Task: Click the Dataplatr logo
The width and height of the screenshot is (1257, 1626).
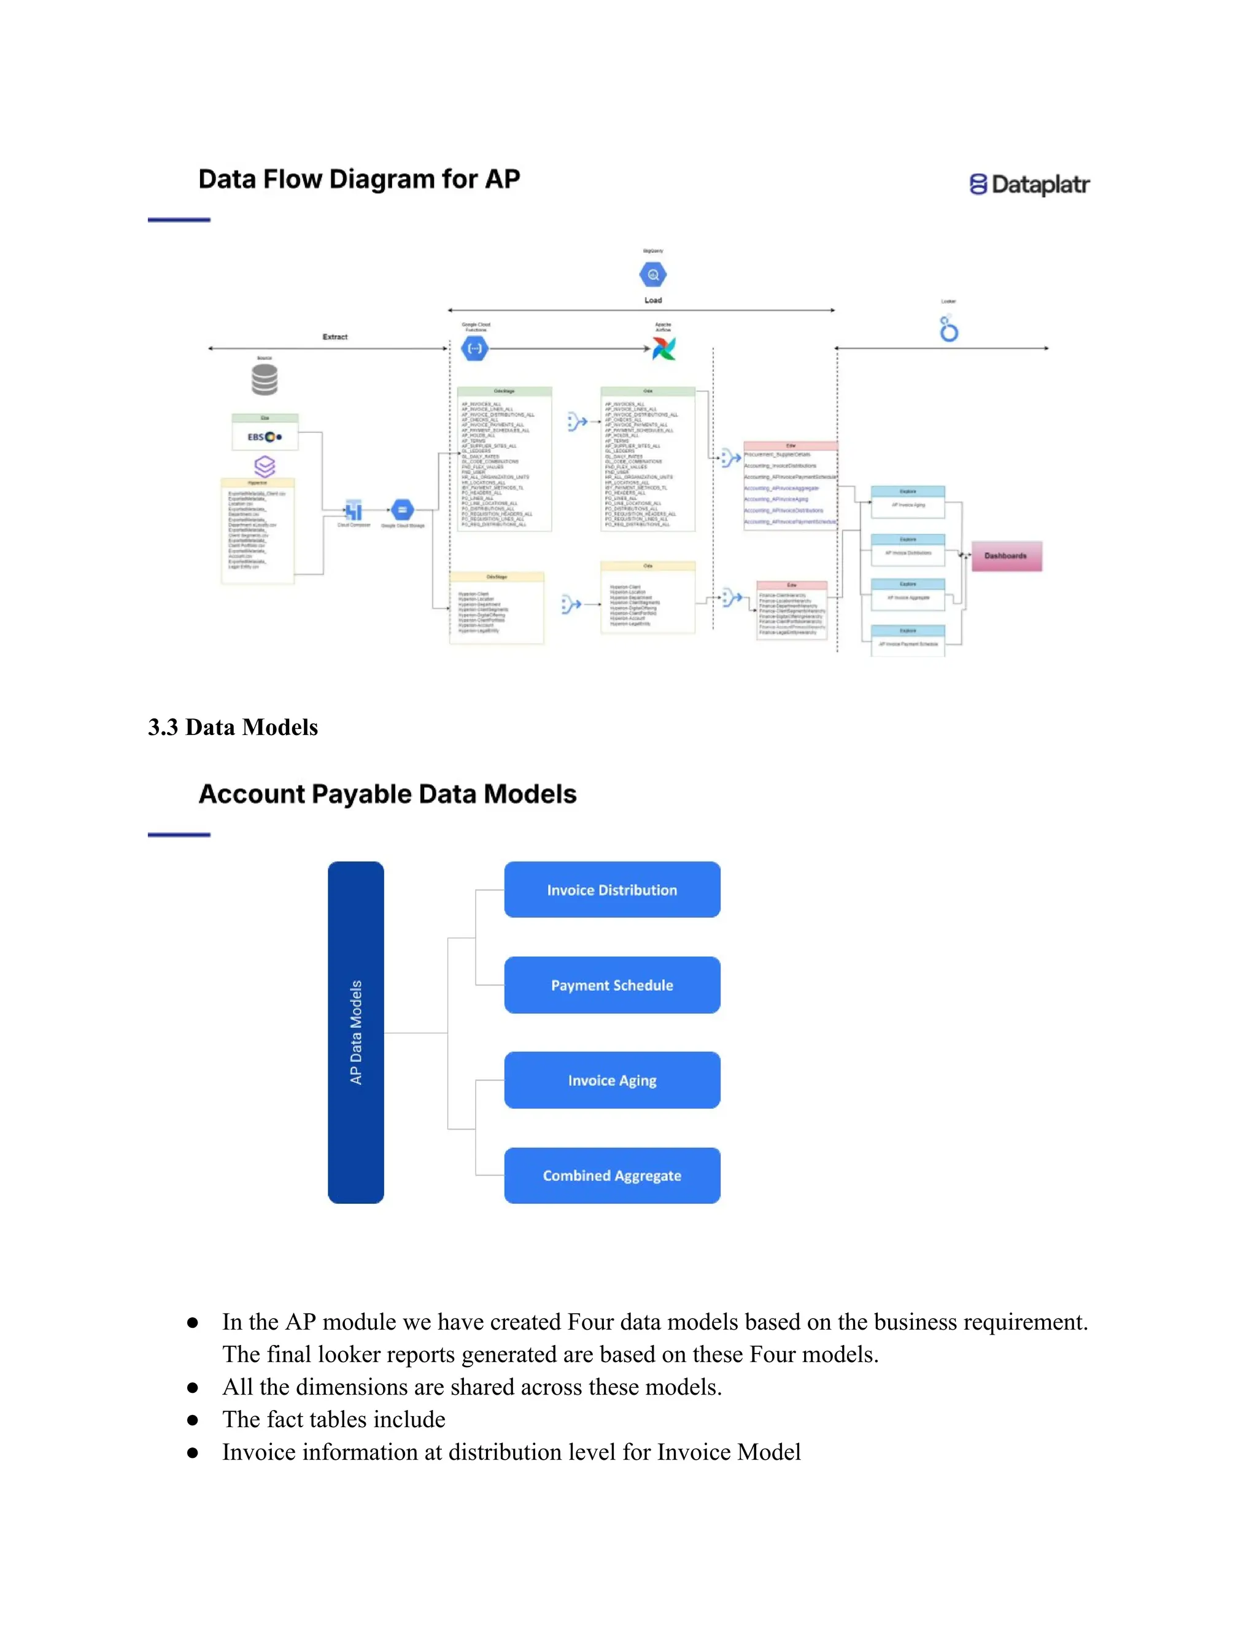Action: (1029, 184)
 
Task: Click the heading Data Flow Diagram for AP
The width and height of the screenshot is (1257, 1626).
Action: (359, 179)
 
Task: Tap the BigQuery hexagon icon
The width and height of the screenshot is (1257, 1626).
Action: (653, 275)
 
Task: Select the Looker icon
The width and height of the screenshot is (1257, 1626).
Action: (948, 328)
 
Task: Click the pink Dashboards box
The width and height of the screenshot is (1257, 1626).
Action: (1006, 556)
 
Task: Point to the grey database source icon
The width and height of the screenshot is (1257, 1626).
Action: (265, 380)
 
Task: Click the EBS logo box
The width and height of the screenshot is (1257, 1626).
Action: (265, 436)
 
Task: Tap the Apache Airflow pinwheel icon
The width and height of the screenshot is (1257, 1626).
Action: (663, 348)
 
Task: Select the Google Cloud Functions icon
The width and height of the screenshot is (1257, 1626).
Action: (475, 348)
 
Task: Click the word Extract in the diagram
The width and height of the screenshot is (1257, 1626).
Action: (335, 336)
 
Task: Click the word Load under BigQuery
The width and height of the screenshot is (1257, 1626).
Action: (653, 300)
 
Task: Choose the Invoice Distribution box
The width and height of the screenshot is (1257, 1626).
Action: (612, 890)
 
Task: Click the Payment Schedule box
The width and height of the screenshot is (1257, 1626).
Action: (612, 985)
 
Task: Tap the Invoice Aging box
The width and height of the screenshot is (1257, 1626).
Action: (612, 1081)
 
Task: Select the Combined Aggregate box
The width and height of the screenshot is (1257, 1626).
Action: (612, 1176)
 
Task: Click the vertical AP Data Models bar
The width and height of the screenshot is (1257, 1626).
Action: (356, 1032)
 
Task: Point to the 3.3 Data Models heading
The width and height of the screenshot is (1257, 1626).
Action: (233, 727)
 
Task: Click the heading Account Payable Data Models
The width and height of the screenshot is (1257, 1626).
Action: (387, 795)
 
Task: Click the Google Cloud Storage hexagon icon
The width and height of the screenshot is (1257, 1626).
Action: (402, 510)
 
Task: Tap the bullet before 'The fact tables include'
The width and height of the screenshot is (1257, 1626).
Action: (193, 1420)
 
